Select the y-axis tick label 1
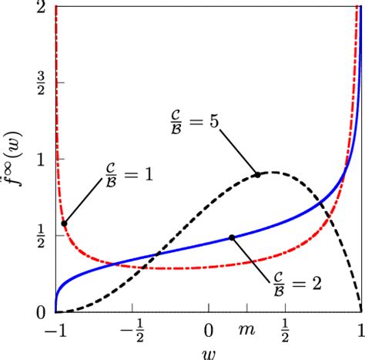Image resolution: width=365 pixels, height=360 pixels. click(x=40, y=160)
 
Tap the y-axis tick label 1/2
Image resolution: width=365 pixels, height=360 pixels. click(x=40, y=236)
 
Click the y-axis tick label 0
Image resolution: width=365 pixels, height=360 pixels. click(x=40, y=312)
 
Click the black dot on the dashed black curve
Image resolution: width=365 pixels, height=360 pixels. click(x=258, y=174)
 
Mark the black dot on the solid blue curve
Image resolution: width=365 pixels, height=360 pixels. click(x=233, y=237)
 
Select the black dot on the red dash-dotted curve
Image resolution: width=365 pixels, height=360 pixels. click(x=64, y=223)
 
